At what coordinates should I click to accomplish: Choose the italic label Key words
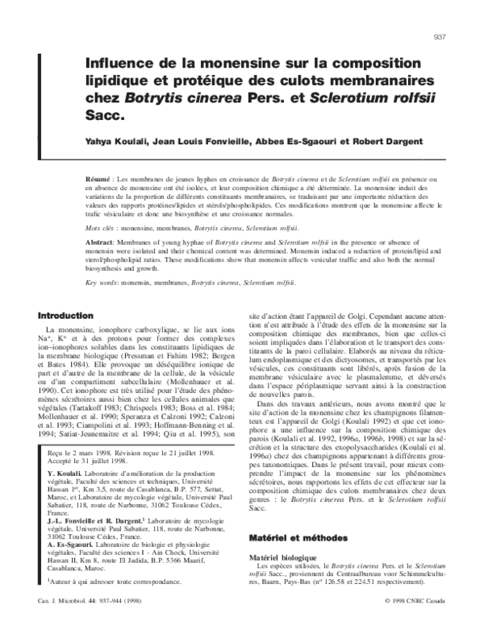coord(101,283)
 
